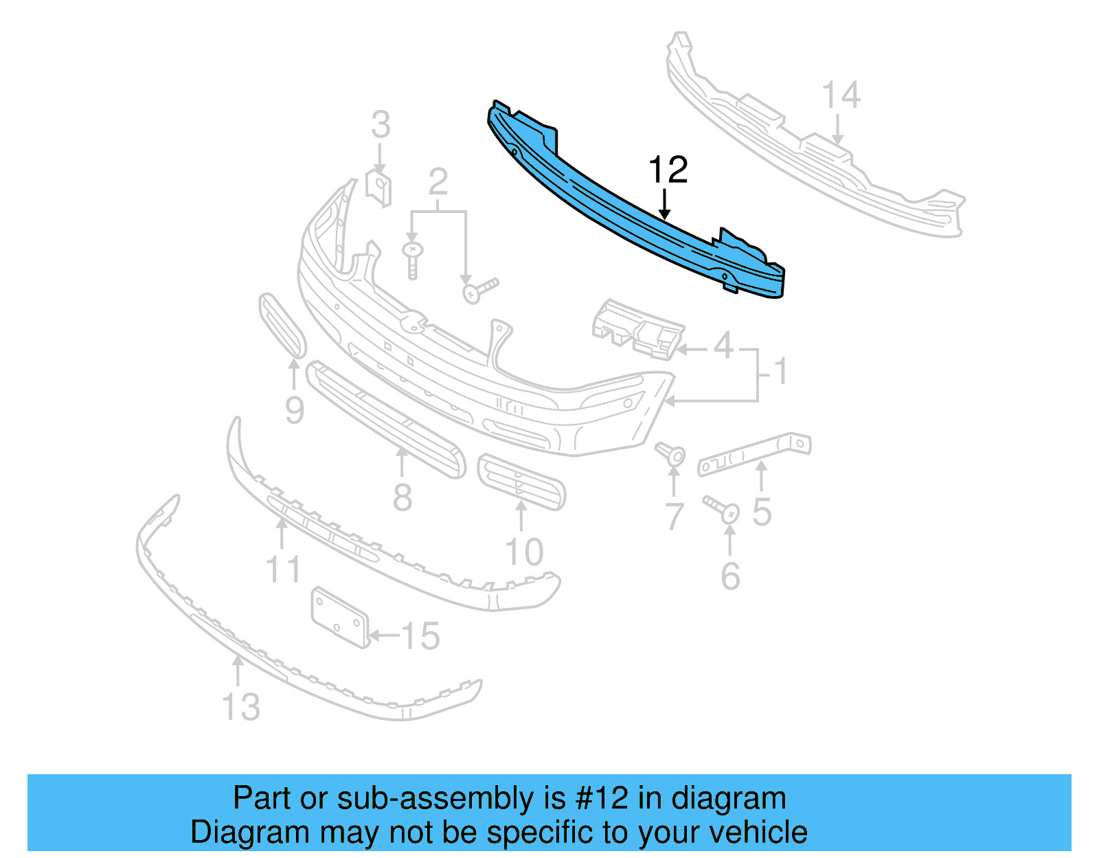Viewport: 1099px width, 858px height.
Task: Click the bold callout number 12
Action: tap(668, 170)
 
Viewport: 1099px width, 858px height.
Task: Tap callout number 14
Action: tap(841, 95)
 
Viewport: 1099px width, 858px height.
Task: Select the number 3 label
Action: tap(381, 126)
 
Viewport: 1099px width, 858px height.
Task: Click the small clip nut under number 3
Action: tap(378, 188)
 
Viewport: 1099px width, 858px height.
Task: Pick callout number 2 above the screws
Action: tap(438, 182)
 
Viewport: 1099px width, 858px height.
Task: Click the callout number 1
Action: tap(780, 372)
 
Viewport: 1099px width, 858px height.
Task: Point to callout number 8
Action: tap(403, 496)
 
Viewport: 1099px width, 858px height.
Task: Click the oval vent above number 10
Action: tap(521, 481)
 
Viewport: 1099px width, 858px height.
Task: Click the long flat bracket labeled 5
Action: tap(754, 453)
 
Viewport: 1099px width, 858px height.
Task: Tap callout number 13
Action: tap(241, 707)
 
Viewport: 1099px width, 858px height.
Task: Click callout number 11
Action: tap(283, 569)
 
